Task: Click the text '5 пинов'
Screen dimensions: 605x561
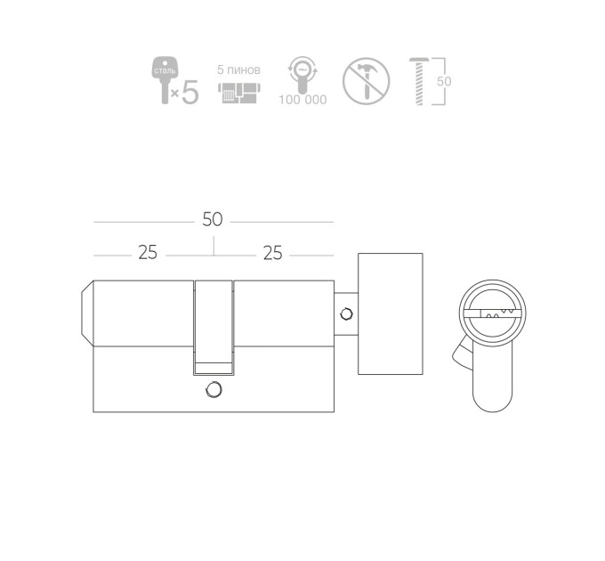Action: pyautogui.click(x=238, y=69)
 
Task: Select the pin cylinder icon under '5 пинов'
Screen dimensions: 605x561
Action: pyautogui.click(x=239, y=93)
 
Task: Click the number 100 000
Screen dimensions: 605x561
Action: pyautogui.click(x=302, y=100)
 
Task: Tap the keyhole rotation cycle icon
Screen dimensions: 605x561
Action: pyautogui.click(x=302, y=74)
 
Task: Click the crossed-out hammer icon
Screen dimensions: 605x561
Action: pyautogui.click(x=366, y=81)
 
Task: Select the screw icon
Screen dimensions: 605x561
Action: pyautogui.click(x=419, y=81)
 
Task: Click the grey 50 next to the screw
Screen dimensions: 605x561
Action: pyautogui.click(x=444, y=81)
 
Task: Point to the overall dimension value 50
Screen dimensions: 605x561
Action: pyautogui.click(x=213, y=219)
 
